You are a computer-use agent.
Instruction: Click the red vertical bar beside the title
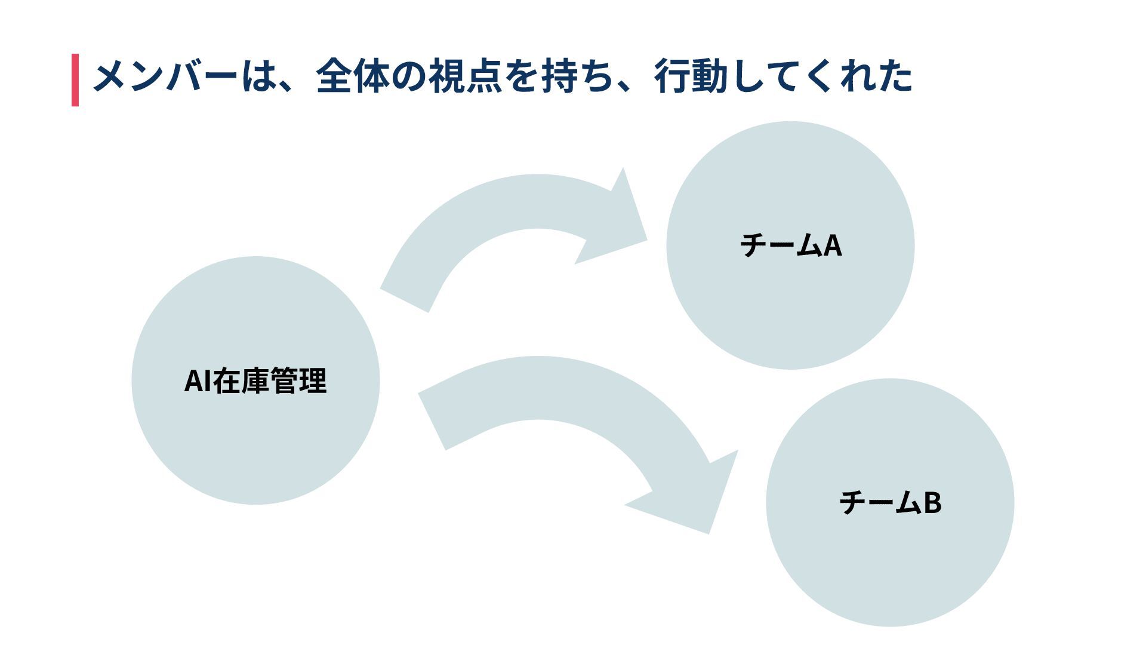click(x=75, y=80)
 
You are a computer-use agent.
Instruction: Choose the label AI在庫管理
click(x=255, y=381)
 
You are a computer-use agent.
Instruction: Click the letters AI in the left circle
click(x=198, y=381)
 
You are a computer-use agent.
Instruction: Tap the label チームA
click(x=790, y=245)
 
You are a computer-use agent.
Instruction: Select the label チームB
click(x=890, y=502)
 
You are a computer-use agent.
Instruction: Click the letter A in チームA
click(x=833, y=245)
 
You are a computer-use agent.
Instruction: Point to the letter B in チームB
click(x=932, y=502)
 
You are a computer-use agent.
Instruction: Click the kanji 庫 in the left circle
click(x=255, y=381)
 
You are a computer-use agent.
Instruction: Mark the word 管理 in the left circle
click(x=298, y=381)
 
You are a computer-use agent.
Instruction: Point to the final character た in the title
click(x=895, y=77)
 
